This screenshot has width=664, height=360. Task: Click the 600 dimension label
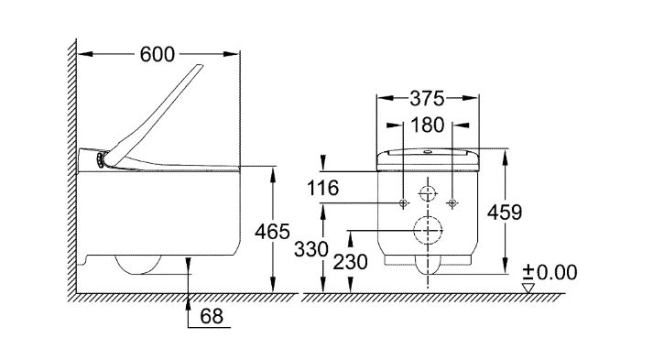point(158,54)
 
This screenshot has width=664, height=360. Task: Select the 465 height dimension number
point(272,232)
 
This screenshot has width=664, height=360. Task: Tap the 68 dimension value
point(212,316)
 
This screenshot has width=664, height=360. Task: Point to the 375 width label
point(428,98)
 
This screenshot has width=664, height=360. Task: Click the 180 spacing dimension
point(428,125)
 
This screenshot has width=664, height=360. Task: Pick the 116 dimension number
point(322,188)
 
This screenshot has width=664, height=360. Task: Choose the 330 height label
point(311,249)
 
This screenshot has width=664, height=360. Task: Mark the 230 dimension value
point(350,262)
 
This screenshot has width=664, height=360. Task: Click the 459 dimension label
point(505,213)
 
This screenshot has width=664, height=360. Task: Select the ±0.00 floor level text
point(550,272)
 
